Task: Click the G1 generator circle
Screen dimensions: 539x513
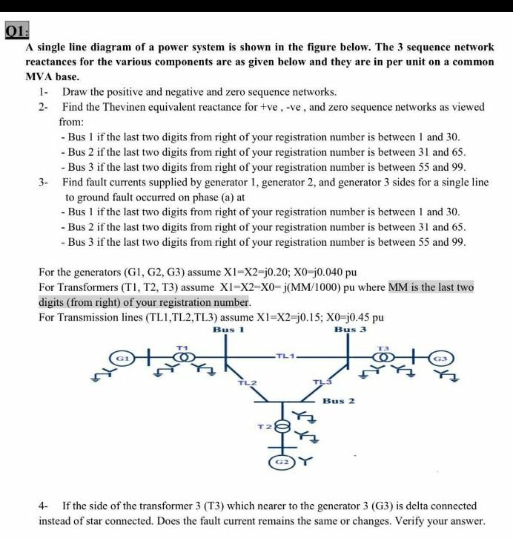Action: (119, 358)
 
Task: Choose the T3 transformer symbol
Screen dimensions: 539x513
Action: (383, 358)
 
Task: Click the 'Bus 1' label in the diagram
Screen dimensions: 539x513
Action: (227, 329)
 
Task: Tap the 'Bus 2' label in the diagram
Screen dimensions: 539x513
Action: (338, 400)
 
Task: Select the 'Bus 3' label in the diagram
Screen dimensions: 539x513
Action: (350, 329)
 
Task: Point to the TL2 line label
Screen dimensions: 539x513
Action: (245, 383)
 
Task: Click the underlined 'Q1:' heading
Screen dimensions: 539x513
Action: (15, 33)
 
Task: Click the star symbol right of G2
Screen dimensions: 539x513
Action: (302, 461)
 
